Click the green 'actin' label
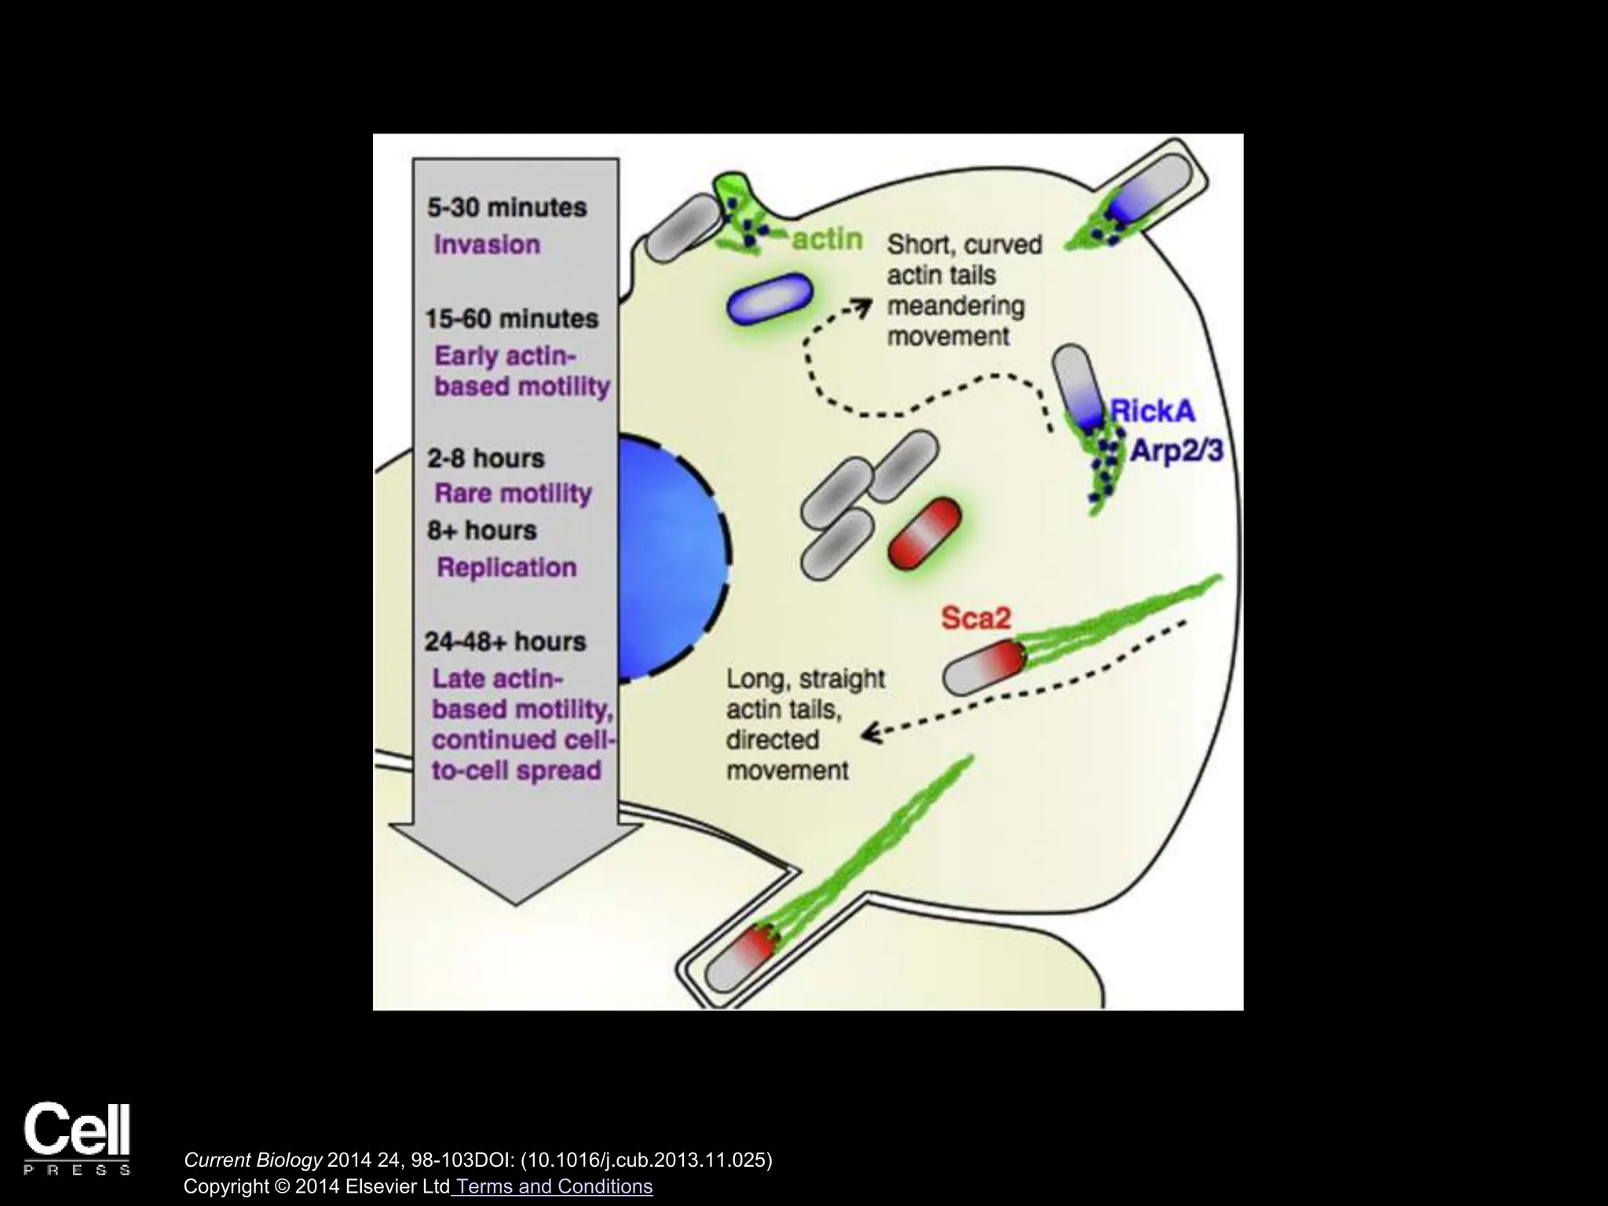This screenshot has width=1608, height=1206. (827, 239)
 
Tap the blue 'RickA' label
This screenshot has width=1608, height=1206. (1153, 411)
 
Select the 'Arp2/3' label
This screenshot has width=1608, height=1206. (1175, 451)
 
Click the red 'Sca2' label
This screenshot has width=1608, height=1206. (975, 619)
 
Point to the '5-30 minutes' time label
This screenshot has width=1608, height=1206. (506, 207)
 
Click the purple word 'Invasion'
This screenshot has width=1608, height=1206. (487, 244)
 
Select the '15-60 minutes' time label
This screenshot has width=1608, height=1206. (511, 319)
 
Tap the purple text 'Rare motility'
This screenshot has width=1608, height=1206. (513, 493)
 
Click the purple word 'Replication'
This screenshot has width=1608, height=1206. (506, 567)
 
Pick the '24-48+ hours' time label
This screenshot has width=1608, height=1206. (505, 641)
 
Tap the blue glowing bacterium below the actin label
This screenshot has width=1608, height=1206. (769, 298)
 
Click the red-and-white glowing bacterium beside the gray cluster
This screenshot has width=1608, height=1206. (924, 533)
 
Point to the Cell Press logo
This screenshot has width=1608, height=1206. (77, 1138)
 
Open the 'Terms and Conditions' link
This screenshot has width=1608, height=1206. (554, 1186)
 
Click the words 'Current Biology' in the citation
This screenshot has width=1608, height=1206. (253, 1160)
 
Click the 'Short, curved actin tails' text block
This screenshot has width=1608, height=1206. (963, 291)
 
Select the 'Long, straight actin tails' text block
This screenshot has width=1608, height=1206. (805, 724)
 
